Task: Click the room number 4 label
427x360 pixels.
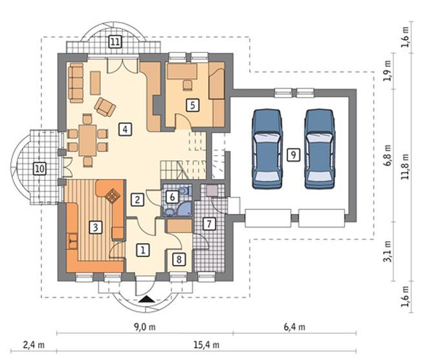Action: click(x=125, y=129)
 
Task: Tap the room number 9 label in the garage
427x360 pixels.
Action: click(x=293, y=154)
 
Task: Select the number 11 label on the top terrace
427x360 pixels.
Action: click(x=115, y=42)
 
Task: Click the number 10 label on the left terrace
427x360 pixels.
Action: click(x=39, y=169)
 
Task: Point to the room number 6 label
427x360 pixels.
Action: click(x=172, y=196)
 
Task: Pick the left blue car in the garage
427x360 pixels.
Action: click(x=267, y=149)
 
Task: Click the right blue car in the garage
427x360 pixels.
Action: click(x=320, y=149)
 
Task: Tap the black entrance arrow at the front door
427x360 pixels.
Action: click(x=146, y=299)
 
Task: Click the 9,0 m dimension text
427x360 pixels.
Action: click(x=145, y=327)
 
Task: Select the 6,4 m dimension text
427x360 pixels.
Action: click(x=294, y=327)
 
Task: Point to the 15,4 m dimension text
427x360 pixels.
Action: click(x=206, y=345)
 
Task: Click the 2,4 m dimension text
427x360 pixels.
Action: click(x=34, y=345)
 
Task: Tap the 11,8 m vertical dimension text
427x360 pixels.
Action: click(x=406, y=166)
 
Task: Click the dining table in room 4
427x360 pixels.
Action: click(x=87, y=140)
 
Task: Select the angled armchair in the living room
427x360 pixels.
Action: click(x=105, y=107)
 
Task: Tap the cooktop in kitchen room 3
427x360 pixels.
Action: click(x=112, y=196)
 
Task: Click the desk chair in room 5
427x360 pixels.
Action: click(x=188, y=85)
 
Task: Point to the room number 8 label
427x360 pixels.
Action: click(x=179, y=259)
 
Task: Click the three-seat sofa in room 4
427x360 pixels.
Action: click(x=76, y=83)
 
